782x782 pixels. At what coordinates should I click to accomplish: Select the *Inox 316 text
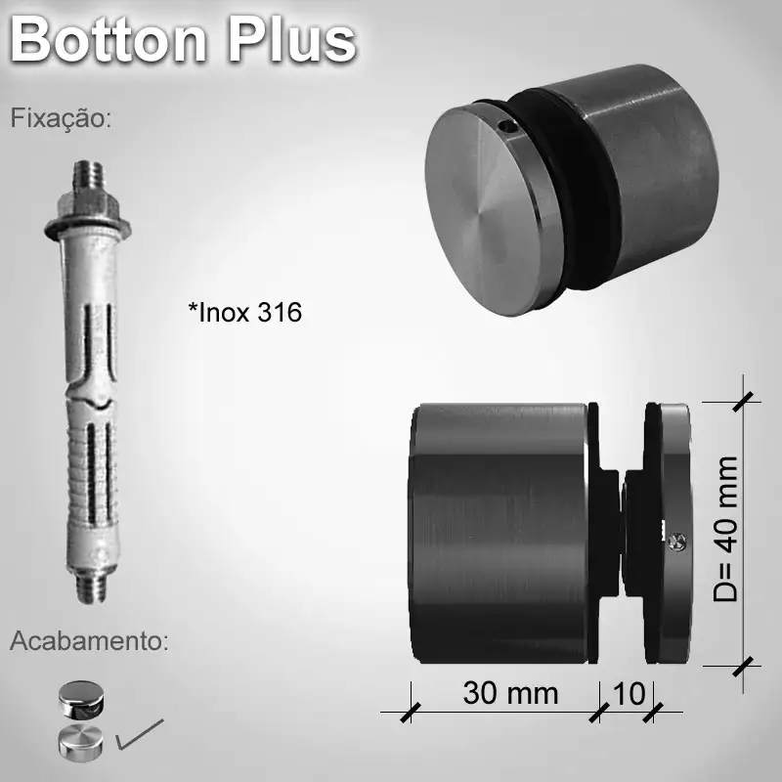point(244,313)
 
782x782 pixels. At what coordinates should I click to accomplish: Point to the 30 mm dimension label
point(510,693)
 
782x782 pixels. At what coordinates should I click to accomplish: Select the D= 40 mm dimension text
point(725,529)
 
